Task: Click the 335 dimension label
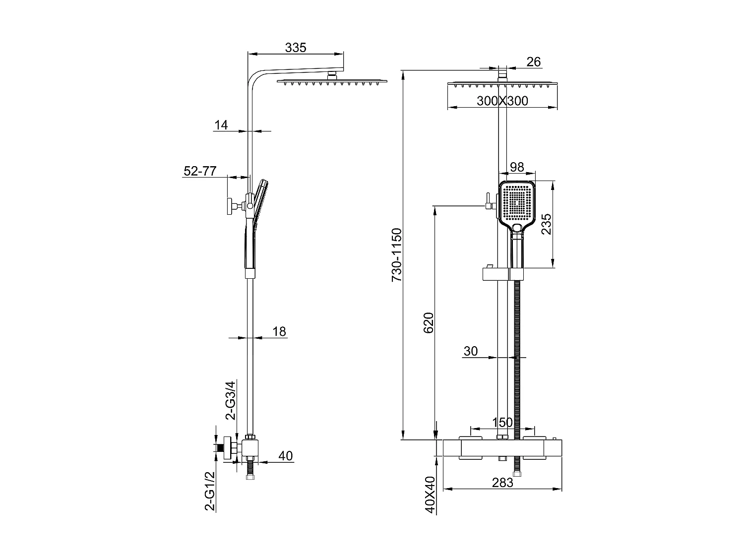pyautogui.click(x=296, y=48)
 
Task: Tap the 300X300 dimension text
pyautogui.click(x=502, y=101)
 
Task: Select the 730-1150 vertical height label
pyautogui.click(x=397, y=255)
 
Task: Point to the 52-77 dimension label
pyautogui.click(x=200, y=171)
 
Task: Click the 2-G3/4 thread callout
pyautogui.click(x=231, y=400)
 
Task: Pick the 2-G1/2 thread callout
pyautogui.click(x=210, y=491)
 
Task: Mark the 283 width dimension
pyautogui.click(x=502, y=483)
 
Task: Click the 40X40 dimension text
pyautogui.click(x=430, y=495)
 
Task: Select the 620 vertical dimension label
pyautogui.click(x=429, y=322)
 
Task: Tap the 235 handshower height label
pyautogui.click(x=546, y=225)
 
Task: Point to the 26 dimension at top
pyautogui.click(x=533, y=62)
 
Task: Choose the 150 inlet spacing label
pyautogui.click(x=502, y=423)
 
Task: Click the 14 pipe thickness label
pyautogui.click(x=221, y=125)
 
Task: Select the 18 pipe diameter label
pyautogui.click(x=280, y=331)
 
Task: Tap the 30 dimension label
pyautogui.click(x=470, y=351)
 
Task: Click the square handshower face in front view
pyautogui.click(x=518, y=203)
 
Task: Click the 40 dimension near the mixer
pyautogui.click(x=286, y=455)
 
